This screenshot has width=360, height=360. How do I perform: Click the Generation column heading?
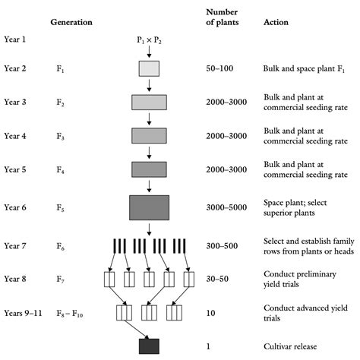pyautogui.click(x=71, y=23)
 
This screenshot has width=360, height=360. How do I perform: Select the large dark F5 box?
pyautogui.click(x=149, y=207)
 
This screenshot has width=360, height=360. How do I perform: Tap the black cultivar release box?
pyautogui.click(x=149, y=346)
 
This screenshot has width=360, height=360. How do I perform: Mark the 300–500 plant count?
pyautogui.click(x=222, y=245)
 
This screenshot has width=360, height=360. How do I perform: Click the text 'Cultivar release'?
pyautogui.click(x=289, y=346)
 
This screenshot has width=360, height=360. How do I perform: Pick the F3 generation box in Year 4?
pyautogui.click(x=149, y=136)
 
